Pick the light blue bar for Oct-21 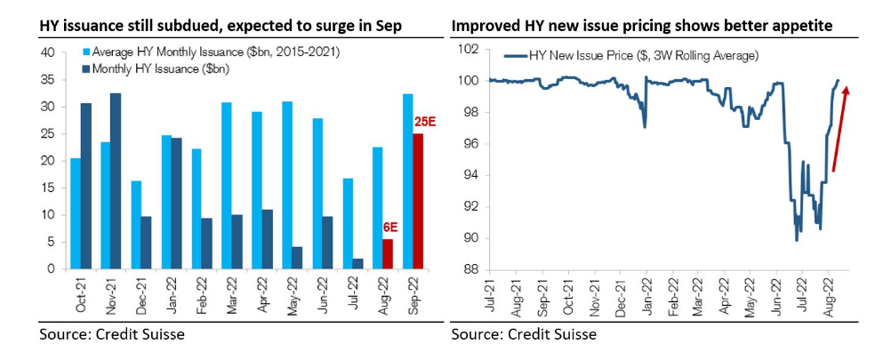(76, 213)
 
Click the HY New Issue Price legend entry (631, 56)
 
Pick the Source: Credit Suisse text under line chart (523, 335)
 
